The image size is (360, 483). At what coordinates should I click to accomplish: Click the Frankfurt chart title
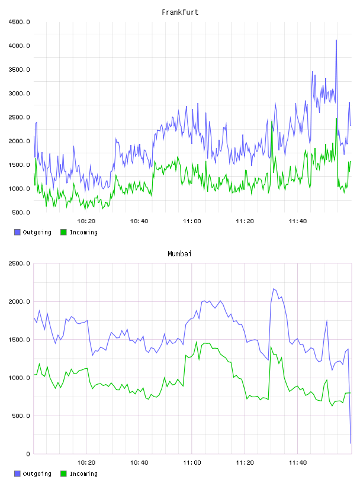point(180,12)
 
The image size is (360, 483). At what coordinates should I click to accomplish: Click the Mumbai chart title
point(179,254)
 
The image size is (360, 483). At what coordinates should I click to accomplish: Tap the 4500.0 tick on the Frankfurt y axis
point(19,22)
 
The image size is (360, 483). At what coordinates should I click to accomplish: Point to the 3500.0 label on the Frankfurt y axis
point(19,70)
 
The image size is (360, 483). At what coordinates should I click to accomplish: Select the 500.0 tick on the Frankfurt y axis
point(21,212)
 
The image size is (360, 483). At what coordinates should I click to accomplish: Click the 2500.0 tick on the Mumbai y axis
point(19,263)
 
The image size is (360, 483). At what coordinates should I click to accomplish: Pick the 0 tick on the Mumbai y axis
point(28,454)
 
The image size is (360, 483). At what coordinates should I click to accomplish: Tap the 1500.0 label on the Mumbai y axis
point(19,339)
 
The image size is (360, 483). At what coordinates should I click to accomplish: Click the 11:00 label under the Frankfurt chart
point(192,221)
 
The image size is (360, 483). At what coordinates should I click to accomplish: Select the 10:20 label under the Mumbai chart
point(86,463)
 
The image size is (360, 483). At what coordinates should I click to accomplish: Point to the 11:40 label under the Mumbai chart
point(298,463)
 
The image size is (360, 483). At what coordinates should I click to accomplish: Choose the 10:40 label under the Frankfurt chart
point(139,221)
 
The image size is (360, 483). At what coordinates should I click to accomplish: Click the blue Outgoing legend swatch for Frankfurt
point(17,232)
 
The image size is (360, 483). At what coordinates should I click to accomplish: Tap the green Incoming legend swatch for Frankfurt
point(63,232)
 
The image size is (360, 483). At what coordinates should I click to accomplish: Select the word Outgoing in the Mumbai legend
point(37,474)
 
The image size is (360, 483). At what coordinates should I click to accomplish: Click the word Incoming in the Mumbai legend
point(83,474)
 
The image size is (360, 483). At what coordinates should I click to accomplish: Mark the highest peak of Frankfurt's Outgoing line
point(336,40)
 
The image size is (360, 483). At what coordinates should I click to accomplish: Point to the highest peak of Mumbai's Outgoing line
point(274,289)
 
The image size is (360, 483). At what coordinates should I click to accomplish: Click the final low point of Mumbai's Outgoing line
point(351,443)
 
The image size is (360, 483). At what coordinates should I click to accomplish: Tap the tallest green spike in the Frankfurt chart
point(336,118)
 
